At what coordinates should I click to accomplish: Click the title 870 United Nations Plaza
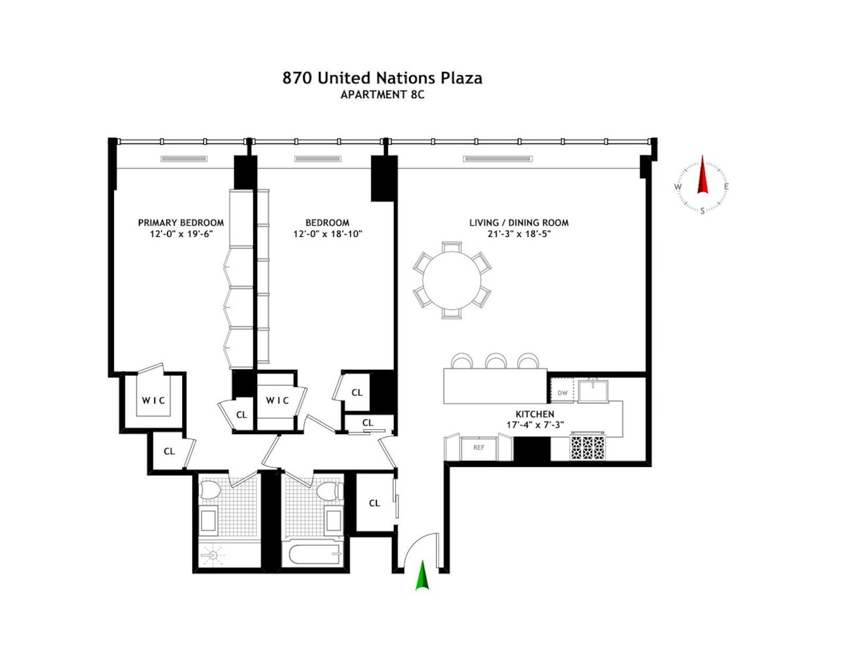pyautogui.click(x=382, y=78)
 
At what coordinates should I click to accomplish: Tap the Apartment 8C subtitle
pyautogui.click(x=382, y=95)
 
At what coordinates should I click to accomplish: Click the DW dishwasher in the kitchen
pyautogui.click(x=563, y=393)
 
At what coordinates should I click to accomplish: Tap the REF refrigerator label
pyautogui.click(x=479, y=448)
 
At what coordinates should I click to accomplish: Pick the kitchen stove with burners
pyautogui.click(x=587, y=447)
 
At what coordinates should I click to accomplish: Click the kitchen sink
pyautogui.click(x=593, y=391)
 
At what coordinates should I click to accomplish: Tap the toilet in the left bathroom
pyautogui.click(x=209, y=490)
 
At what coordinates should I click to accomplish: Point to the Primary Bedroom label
pyautogui.click(x=181, y=223)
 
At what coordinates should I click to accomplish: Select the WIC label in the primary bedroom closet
pyautogui.click(x=153, y=401)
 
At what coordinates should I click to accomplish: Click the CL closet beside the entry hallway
pyautogui.click(x=374, y=503)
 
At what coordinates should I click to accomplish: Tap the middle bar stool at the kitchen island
pyautogui.click(x=496, y=361)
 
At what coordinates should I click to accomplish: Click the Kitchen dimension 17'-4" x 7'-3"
pyautogui.click(x=535, y=425)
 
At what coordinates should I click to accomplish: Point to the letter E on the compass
pyautogui.click(x=726, y=187)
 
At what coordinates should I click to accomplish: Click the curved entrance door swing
pyautogui.click(x=419, y=549)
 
